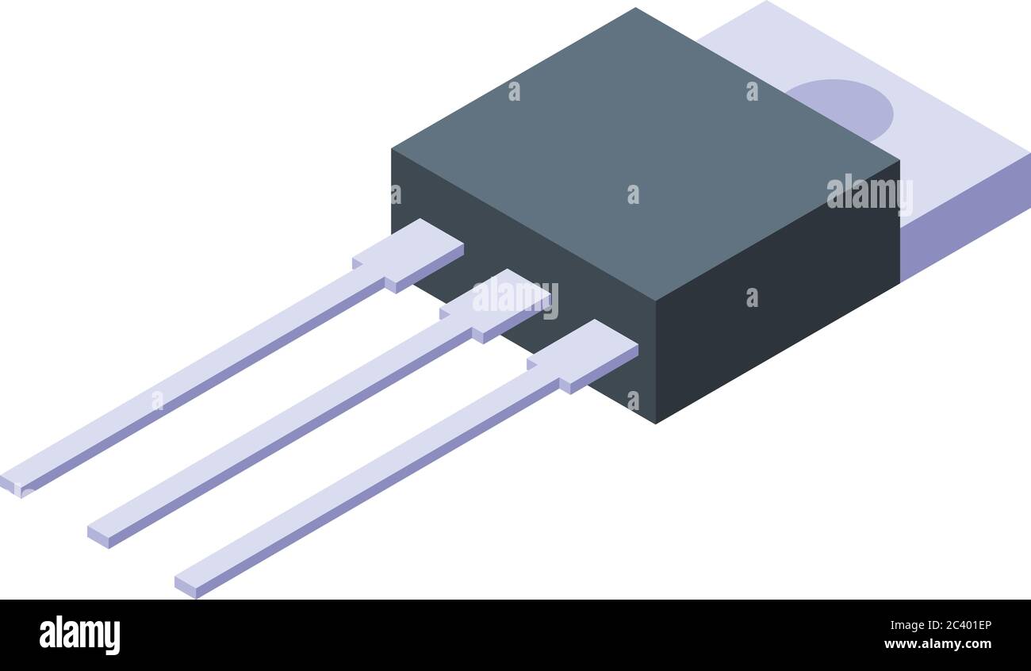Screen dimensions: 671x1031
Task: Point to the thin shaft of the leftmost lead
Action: click(198, 373)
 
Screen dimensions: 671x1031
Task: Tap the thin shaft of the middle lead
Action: click(286, 424)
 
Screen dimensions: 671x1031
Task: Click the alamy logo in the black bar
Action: click(79, 635)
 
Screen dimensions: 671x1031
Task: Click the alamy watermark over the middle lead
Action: click(515, 298)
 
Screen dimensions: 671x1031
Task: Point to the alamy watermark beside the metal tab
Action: click(869, 194)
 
